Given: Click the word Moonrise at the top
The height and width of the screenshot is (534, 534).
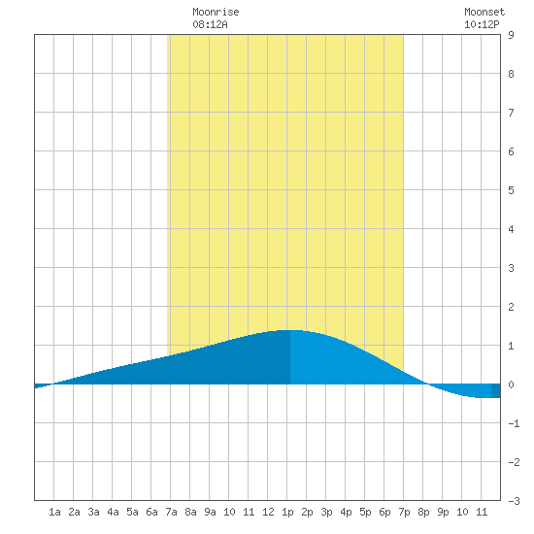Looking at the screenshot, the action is tap(216, 12).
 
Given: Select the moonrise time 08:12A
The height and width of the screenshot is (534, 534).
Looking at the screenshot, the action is tap(210, 24).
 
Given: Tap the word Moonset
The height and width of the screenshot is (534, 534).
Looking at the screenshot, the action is tap(484, 12).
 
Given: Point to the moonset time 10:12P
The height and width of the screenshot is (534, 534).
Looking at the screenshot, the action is tap(482, 24).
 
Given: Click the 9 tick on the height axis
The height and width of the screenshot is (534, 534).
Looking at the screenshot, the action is tap(511, 35).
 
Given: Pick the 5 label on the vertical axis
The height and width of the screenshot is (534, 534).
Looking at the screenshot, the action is tap(511, 190).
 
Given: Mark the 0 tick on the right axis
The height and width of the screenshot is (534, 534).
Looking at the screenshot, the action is tap(511, 384).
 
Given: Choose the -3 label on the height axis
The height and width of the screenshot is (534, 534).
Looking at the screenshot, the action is tap(514, 501).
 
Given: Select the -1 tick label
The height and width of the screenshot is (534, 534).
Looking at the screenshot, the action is tap(514, 423).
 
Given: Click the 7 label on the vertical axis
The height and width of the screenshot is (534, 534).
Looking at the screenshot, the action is tap(511, 113).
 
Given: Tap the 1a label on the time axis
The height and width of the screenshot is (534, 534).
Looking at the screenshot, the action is tap(54, 512).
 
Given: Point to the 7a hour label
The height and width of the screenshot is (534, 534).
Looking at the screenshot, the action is tap(171, 512).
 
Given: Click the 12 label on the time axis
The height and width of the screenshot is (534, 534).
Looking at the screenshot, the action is tap(268, 512).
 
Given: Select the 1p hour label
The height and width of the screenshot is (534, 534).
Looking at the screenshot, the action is tap(287, 512).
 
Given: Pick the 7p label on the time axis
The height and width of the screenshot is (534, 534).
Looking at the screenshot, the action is tap(404, 512).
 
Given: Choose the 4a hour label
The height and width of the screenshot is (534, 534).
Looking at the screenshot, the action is tap(113, 512).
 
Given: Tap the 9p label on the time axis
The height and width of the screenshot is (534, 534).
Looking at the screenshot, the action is tap(443, 512).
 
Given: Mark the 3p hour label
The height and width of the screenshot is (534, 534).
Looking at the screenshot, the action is tap(326, 512).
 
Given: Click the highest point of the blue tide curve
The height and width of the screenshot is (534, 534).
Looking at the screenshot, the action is tap(290, 330).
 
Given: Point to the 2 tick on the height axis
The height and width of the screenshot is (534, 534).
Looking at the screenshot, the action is tap(511, 307).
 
